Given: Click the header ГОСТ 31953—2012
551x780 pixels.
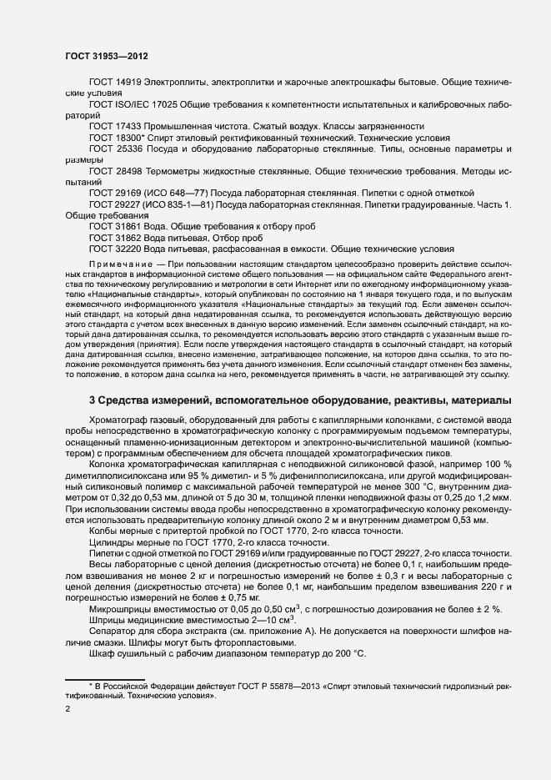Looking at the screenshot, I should tap(107, 55).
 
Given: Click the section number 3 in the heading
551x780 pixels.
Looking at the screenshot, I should tap(92, 401).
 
